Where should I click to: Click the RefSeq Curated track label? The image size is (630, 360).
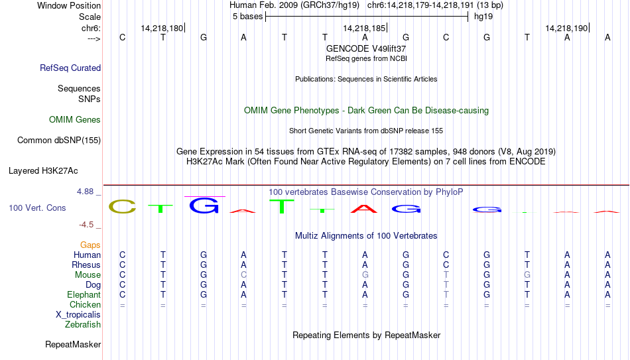click(70, 68)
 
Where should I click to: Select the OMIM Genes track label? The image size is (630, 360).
click(75, 120)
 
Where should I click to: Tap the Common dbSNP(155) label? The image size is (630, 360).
click(58, 141)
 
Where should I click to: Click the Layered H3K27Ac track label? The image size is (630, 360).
click(43, 171)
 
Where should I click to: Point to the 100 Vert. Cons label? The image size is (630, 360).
click(37, 208)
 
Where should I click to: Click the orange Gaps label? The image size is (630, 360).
click(90, 245)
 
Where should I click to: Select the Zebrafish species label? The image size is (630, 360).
click(83, 325)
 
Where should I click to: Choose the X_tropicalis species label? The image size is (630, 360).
click(78, 315)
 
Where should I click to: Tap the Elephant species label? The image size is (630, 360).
click(84, 295)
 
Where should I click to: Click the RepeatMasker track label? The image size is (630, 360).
click(73, 344)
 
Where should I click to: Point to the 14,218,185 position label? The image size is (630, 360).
click(364, 28)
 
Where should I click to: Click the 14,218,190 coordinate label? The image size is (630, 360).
click(566, 28)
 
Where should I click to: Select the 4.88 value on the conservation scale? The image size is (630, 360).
click(85, 192)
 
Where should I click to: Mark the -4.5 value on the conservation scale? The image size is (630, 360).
click(86, 225)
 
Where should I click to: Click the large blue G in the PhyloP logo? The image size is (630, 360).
click(204, 206)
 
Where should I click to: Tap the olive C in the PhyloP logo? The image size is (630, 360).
click(123, 206)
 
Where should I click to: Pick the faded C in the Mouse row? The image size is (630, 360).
click(243, 275)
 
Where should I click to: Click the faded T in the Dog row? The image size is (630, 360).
click(446, 285)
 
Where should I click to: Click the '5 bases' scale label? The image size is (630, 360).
click(247, 17)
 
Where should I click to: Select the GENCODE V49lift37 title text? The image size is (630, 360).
click(366, 48)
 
